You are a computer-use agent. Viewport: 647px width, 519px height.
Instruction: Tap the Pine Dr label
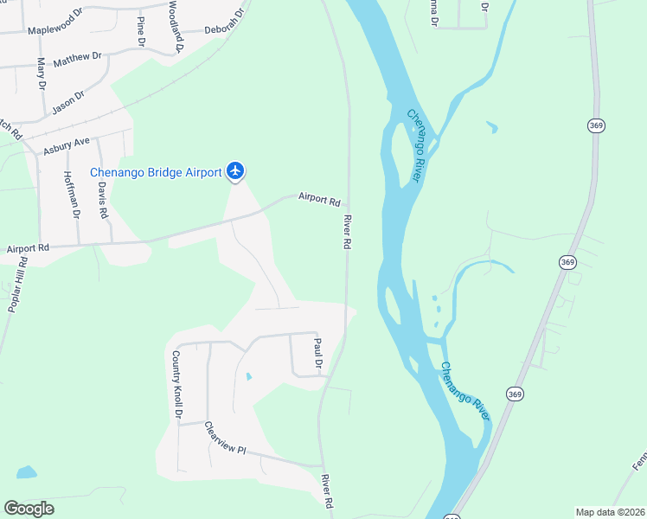coord(140,30)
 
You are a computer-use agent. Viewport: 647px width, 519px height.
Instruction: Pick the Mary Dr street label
coord(40,74)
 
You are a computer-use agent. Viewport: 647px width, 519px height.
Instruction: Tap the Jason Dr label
coord(67,102)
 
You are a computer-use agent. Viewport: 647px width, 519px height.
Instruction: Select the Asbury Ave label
coord(67,144)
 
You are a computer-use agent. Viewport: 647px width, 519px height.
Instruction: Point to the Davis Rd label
coord(102,200)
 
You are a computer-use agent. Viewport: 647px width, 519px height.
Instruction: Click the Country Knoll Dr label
coord(176,385)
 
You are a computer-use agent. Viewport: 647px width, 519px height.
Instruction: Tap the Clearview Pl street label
coord(225,439)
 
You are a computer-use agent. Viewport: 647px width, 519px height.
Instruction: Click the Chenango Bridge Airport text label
coord(156,173)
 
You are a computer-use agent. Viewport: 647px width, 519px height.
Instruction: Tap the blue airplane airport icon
coord(235,171)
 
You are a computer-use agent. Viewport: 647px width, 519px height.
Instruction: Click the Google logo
coord(29,509)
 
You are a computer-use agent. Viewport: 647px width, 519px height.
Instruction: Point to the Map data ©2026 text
coord(610,512)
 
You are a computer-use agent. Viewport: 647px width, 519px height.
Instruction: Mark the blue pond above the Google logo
coord(26,473)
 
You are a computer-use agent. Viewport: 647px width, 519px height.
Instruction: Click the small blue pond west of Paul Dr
coord(248,377)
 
